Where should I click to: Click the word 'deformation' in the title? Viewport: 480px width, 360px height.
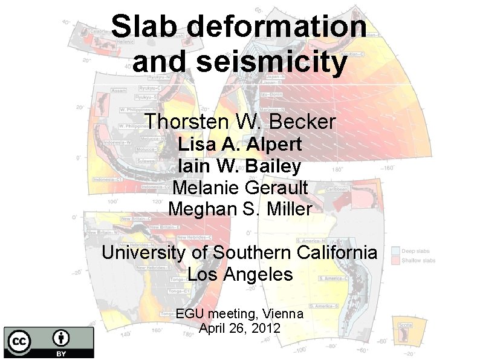pos(276,27)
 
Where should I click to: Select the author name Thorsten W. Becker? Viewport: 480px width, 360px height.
pos(240,121)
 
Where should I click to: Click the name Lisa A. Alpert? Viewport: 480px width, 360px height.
pos(240,145)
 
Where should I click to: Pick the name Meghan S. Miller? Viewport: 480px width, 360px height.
pos(240,209)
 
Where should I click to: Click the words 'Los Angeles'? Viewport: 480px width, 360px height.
pos(240,274)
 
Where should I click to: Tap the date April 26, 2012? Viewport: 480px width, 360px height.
pos(240,329)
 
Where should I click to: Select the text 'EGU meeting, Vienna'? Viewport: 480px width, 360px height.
pos(240,314)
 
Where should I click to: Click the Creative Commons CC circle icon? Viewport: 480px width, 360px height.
pos(19,341)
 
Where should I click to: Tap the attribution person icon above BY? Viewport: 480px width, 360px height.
pos(61,338)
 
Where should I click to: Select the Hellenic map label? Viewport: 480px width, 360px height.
pos(126,42)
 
